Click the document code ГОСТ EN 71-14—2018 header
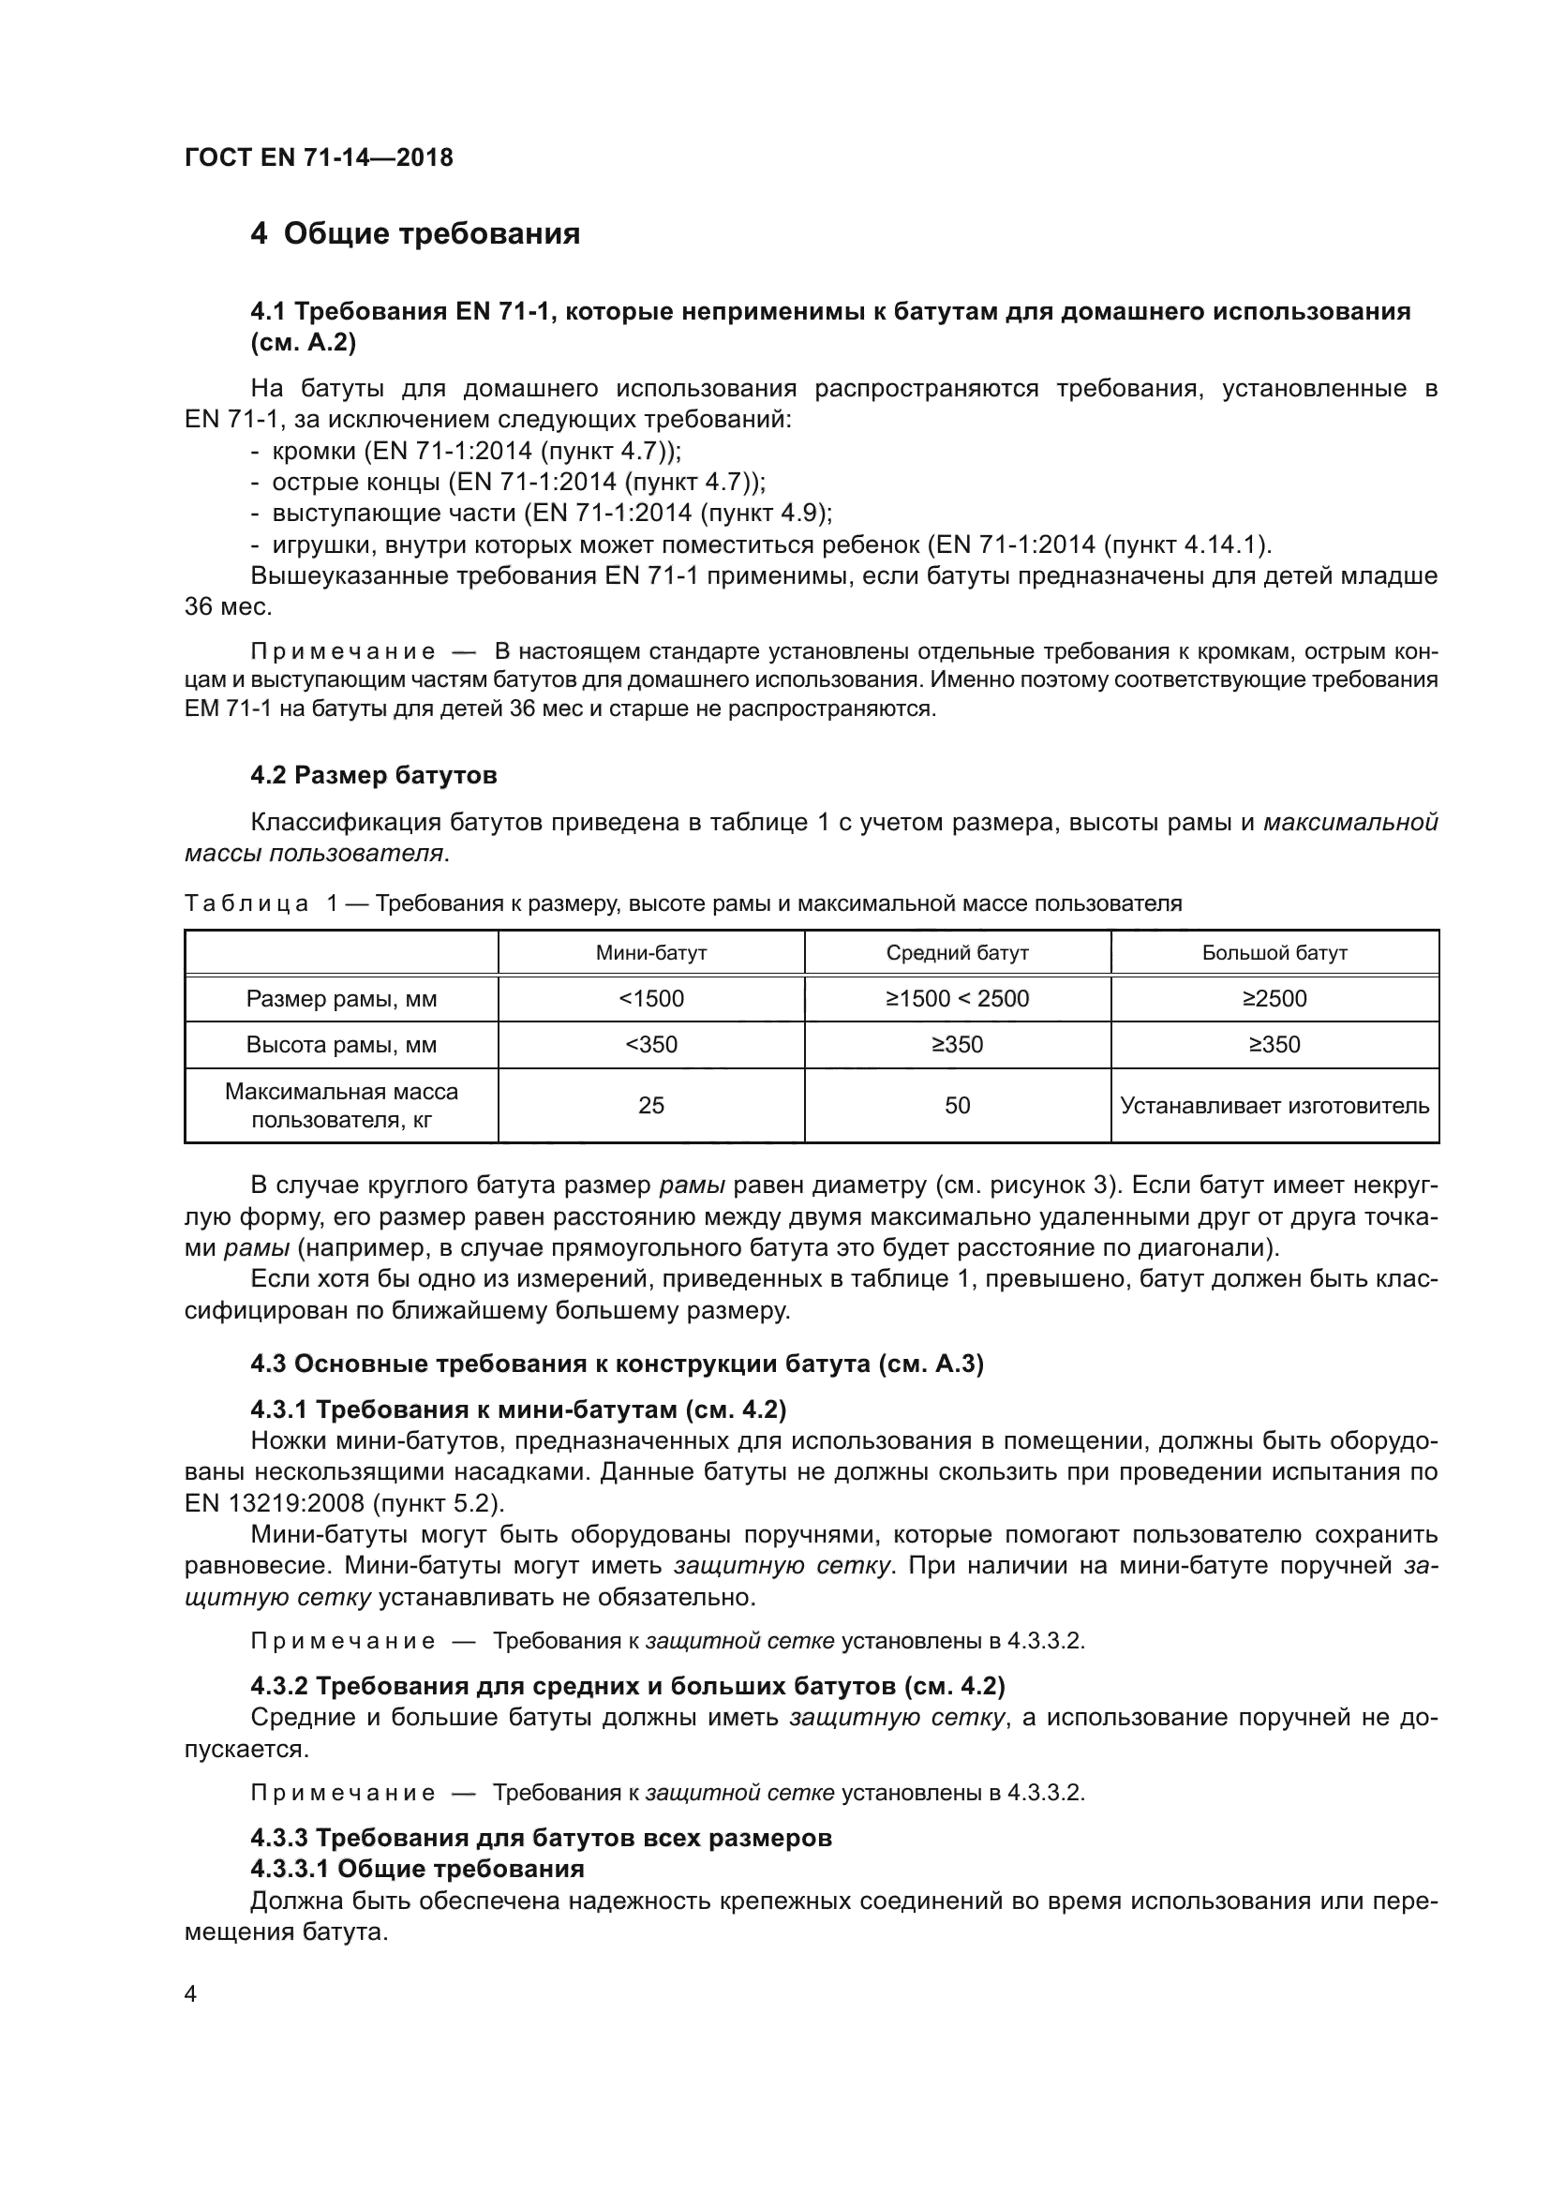[x=319, y=157]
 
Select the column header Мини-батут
[x=651, y=953]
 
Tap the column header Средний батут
[x=958, y=953]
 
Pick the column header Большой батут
[x=1274, y=953]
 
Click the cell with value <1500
[x=651, y=999]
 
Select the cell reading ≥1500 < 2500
[x=958, y=999]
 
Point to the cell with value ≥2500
[x=1274, y=999]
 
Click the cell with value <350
[x=651, y=1044]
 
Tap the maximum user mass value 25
[x=651, y=1106]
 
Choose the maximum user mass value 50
[x=958, y=1106]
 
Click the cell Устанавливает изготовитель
[x=1274, y=1106]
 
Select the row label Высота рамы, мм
[x=341, y=1044]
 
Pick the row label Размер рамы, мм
[x=341, y=999]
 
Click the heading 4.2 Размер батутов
[x=373, y=775]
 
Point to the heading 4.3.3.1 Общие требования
[x=417, y=1869]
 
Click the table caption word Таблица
[x=246, y=903]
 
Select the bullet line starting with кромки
[x=466, y=451]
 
